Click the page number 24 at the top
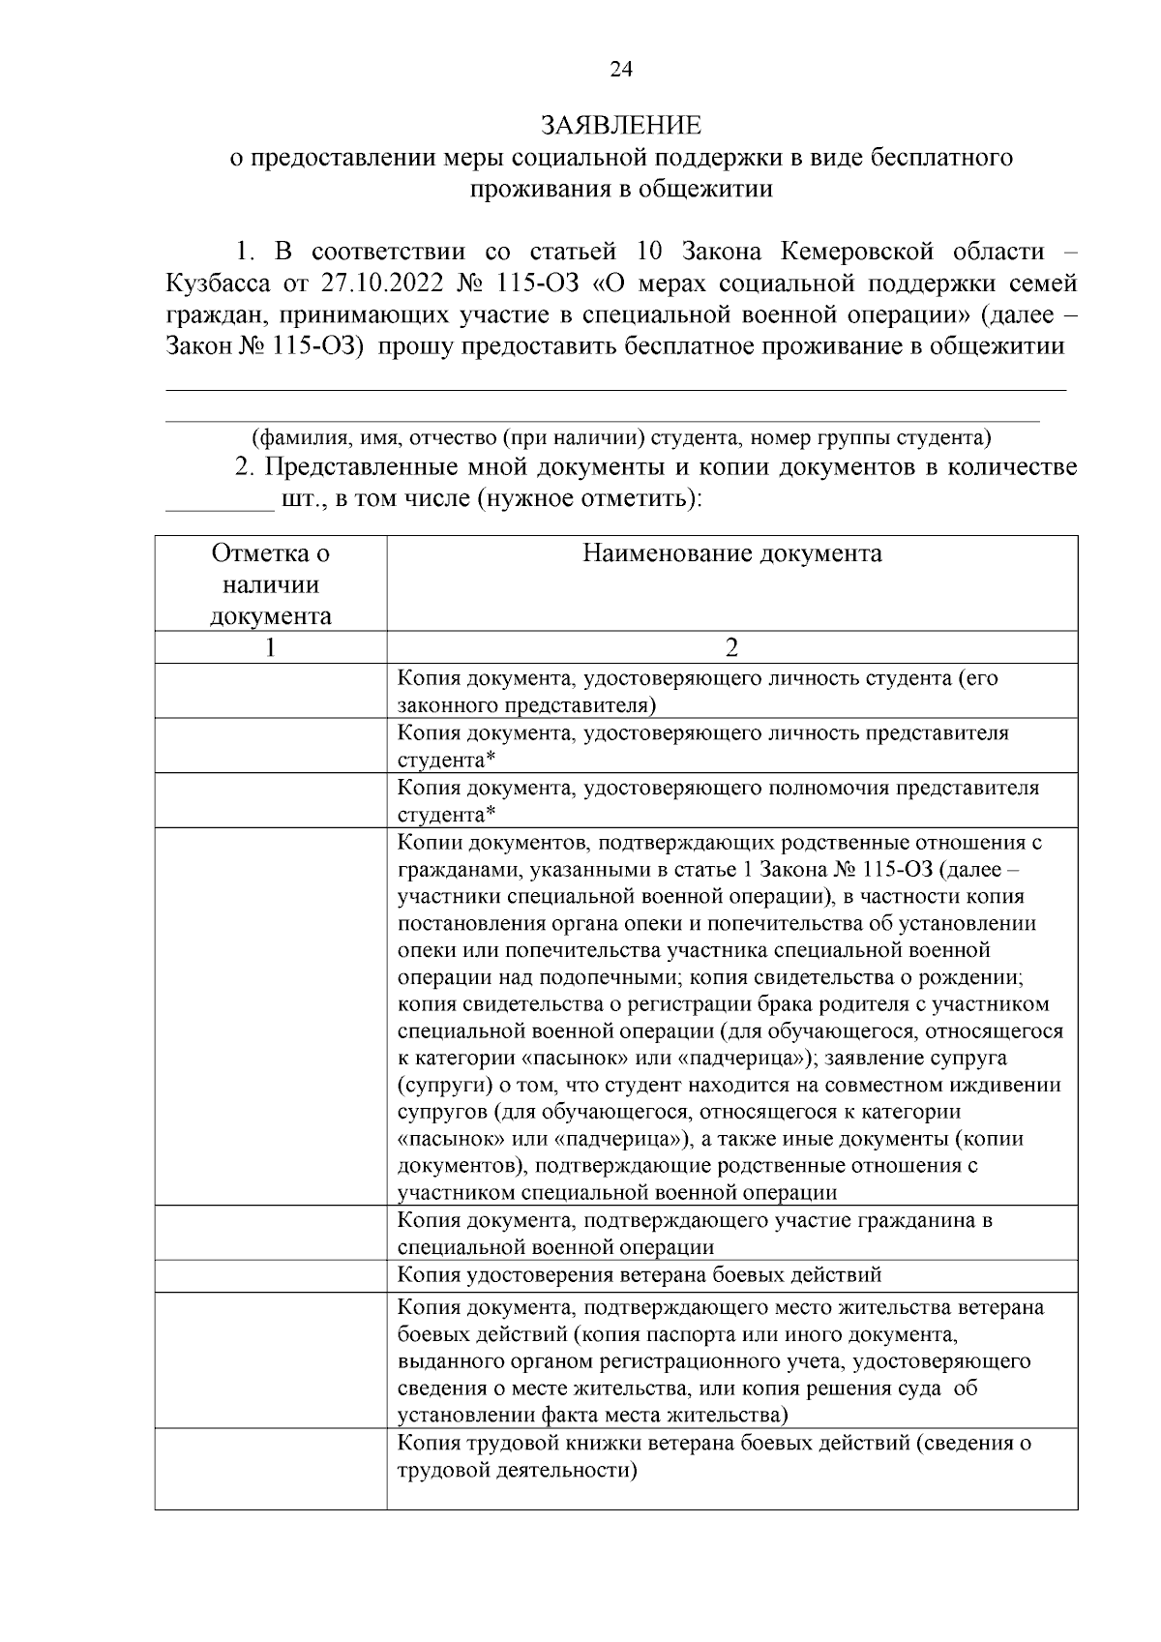pos(620,69)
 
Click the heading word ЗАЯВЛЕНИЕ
pos(620,126)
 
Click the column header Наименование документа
pos(731,553)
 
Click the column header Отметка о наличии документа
pos(271,584)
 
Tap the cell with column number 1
pos(271,647)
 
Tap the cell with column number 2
pos(731,647)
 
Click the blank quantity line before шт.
pos(220,500)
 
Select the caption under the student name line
pos(620,437)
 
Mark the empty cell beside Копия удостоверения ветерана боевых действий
pos(271,1275)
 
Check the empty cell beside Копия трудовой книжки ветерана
pos(271,1468)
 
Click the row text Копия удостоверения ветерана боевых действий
pos(640,1275)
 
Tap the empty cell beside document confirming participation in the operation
pos(271,1233)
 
